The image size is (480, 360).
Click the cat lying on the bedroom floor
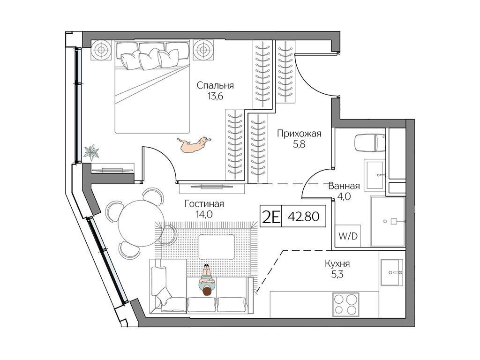(x=194, y=144)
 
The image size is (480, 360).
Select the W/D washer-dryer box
(x=348, y=236)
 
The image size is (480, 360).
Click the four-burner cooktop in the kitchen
(x=345, y=304)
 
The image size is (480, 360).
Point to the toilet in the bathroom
(x=370, y=142)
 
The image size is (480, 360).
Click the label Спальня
(x=215, y=85)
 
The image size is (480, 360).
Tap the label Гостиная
(x=204, y=203)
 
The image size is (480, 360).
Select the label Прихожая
(x=299, y=134)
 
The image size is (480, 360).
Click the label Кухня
(x=337, y=263)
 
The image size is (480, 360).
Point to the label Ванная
(x=344, y=186)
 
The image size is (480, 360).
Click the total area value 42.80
(x=304, y=217)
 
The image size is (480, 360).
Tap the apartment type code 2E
(x=270, y=217)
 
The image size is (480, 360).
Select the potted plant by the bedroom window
(x=91, y=152)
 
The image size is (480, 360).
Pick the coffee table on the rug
(x=217, y=247)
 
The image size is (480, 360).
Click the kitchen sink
(x=392, y=272)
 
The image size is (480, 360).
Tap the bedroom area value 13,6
(x=215, y=96)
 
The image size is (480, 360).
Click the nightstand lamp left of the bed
(x=101, y=50)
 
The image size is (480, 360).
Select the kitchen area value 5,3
(x=337, y=275)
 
